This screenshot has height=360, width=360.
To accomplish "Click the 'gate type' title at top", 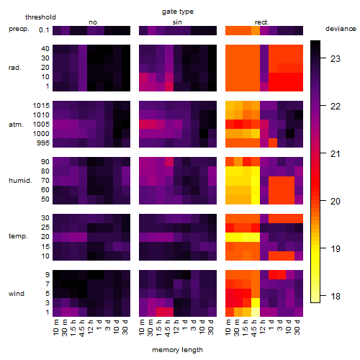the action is (178, 12).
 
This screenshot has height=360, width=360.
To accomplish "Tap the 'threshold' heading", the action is (40, 17).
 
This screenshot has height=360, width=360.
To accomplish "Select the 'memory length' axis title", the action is (177, 350).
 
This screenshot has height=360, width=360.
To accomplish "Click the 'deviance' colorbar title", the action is (341, 29).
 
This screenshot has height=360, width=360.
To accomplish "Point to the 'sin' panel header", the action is (177, 22).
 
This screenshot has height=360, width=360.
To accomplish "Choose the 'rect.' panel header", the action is (261, 22).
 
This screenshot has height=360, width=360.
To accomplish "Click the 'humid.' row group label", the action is (20, 181).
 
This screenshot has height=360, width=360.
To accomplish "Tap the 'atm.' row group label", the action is (16, 125).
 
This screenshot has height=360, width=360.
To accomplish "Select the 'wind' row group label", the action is (17, 294).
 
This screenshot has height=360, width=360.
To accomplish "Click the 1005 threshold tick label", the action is (41, 125).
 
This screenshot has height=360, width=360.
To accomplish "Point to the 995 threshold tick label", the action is (43, 143).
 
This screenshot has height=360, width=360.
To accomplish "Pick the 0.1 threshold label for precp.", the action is (44, 30).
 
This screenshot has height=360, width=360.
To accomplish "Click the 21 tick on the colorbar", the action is (336, 153).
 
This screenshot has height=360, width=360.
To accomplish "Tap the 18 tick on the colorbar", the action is (336, 297).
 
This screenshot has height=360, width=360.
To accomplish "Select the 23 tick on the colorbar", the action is (336, 58).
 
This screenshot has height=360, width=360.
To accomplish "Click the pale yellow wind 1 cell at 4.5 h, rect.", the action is (256, 312).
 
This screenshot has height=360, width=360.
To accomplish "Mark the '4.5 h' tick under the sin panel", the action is (168, 328).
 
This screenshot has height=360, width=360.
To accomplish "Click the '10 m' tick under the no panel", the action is (55, 328).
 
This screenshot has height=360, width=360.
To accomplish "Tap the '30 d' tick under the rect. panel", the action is (297, 327).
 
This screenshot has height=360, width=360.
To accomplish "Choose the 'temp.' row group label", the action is (18, 236).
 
